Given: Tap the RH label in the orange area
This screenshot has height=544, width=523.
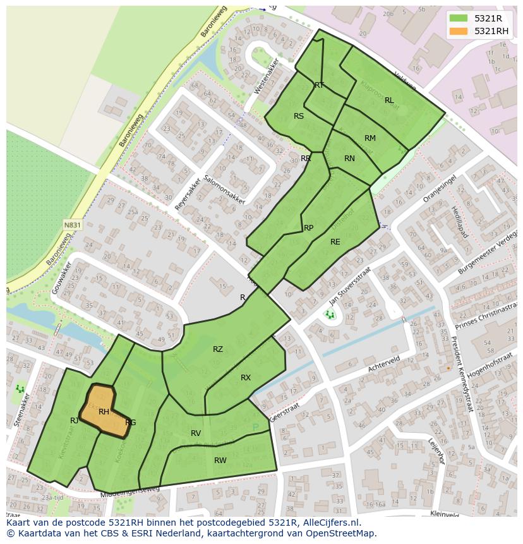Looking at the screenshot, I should [104, 412].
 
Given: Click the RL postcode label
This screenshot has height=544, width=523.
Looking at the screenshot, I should [389, 100].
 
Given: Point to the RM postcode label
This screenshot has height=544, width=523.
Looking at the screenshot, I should [370, 138].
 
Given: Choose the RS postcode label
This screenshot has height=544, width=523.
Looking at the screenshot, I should [299, 116].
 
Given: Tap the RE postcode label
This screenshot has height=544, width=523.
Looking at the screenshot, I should [335, 242].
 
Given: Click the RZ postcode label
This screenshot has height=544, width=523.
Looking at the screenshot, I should [217, 349].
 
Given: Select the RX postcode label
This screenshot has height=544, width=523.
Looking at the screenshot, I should [246, 378].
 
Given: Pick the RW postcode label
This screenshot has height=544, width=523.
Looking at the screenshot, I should [220, 461].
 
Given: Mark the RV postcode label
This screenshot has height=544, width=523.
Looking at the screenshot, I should [196, 433].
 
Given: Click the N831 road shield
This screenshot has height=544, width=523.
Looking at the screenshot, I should [72, 224].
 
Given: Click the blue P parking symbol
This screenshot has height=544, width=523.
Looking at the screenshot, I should [256, 428].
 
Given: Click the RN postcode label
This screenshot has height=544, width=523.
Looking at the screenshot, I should [349, 159].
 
